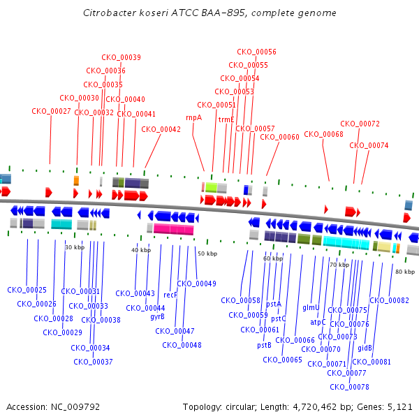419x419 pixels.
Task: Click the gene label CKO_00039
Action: tap(122, 57)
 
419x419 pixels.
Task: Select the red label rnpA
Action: tap(193, 117)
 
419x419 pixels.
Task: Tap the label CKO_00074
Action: tap(369, 145)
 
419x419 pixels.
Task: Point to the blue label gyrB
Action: tap(158, 316)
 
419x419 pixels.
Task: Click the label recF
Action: tap(170, 295)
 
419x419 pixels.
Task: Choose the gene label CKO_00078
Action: tap(349, 387)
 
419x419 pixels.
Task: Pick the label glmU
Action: tap(311, 307)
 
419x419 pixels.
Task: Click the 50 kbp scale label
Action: tap(207, 253)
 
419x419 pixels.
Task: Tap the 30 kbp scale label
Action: tap(75, 247)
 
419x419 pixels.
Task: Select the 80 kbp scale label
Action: tap(404, 270)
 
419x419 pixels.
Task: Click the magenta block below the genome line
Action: tap(174, 229)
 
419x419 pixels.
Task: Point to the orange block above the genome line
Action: tap(76, 181)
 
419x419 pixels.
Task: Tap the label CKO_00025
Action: tap(27, 289)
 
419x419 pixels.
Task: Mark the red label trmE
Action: tap(226, 119)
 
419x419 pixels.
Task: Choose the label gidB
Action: tap(365, 347)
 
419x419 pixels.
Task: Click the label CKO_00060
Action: tap(279, 137)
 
